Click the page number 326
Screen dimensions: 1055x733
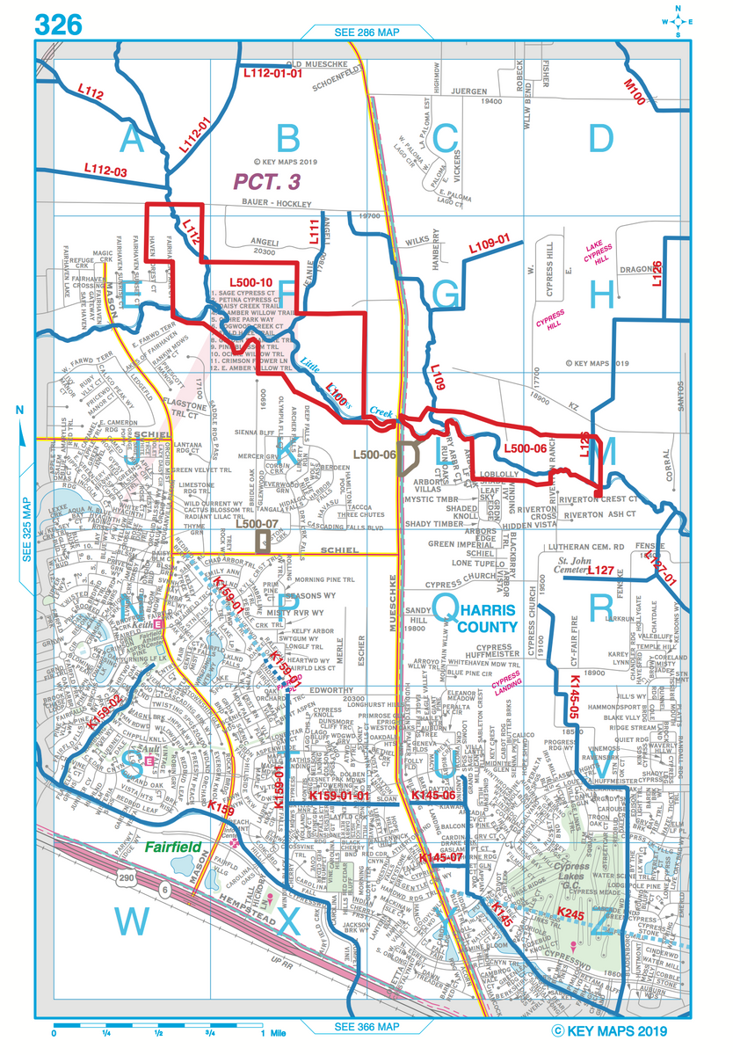(59, 25)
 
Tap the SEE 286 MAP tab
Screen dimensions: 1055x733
(366, 32)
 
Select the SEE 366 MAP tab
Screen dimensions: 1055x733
(366, 1027)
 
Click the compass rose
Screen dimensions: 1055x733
(678, 22)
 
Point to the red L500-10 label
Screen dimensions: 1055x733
(253, 283)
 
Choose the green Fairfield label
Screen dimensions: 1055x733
(174, 848)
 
